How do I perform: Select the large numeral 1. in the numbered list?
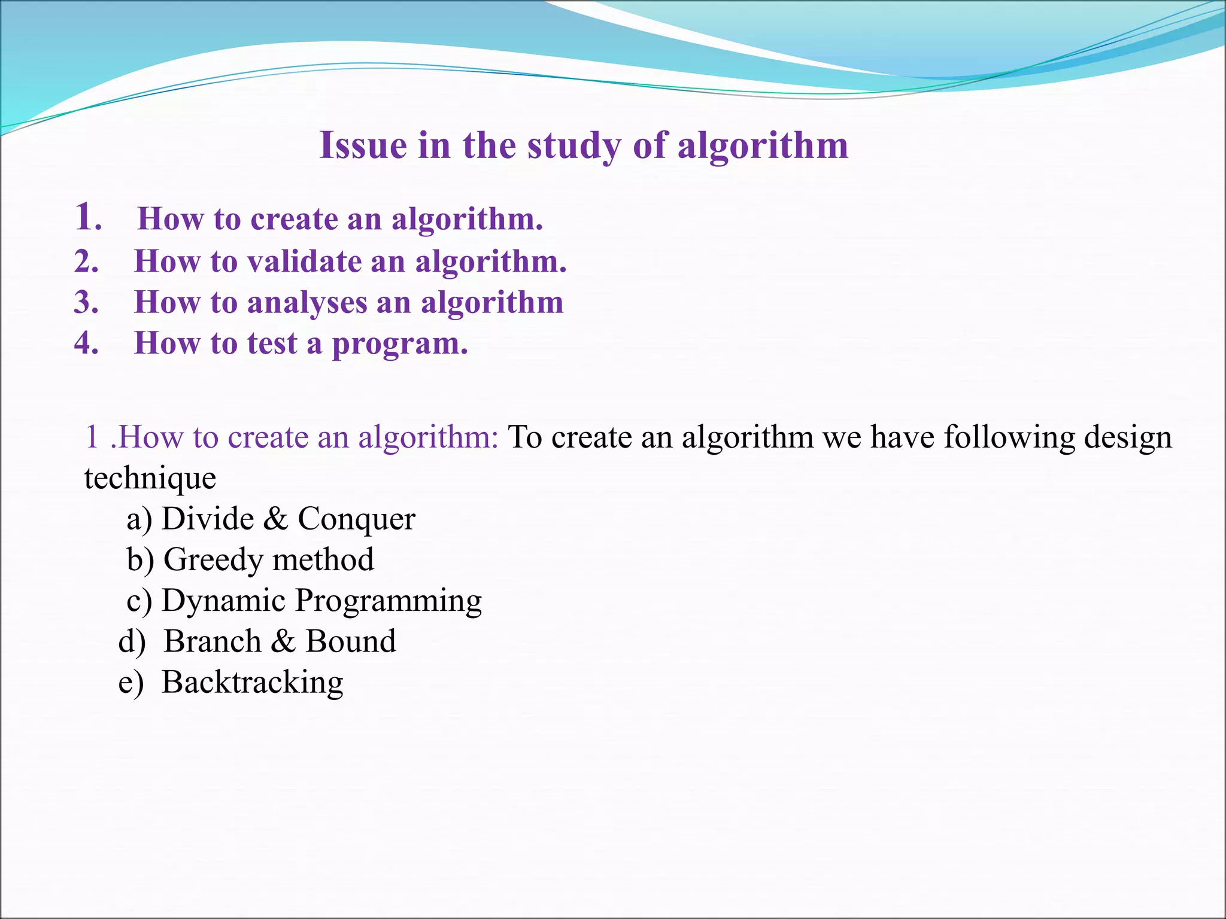tap(87, 217)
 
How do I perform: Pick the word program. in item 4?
tap(399, 344)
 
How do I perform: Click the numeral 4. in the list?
tap(86, 343)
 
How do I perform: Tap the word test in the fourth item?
tap(272, 343)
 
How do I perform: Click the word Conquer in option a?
tap(356, 519)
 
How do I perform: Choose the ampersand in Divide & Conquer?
tap(275, 518)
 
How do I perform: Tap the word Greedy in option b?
tap(213, 560)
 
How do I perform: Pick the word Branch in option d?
tap(213, 641)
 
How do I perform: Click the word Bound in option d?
tap(351, 641)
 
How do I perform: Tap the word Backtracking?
tap(252, 682)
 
